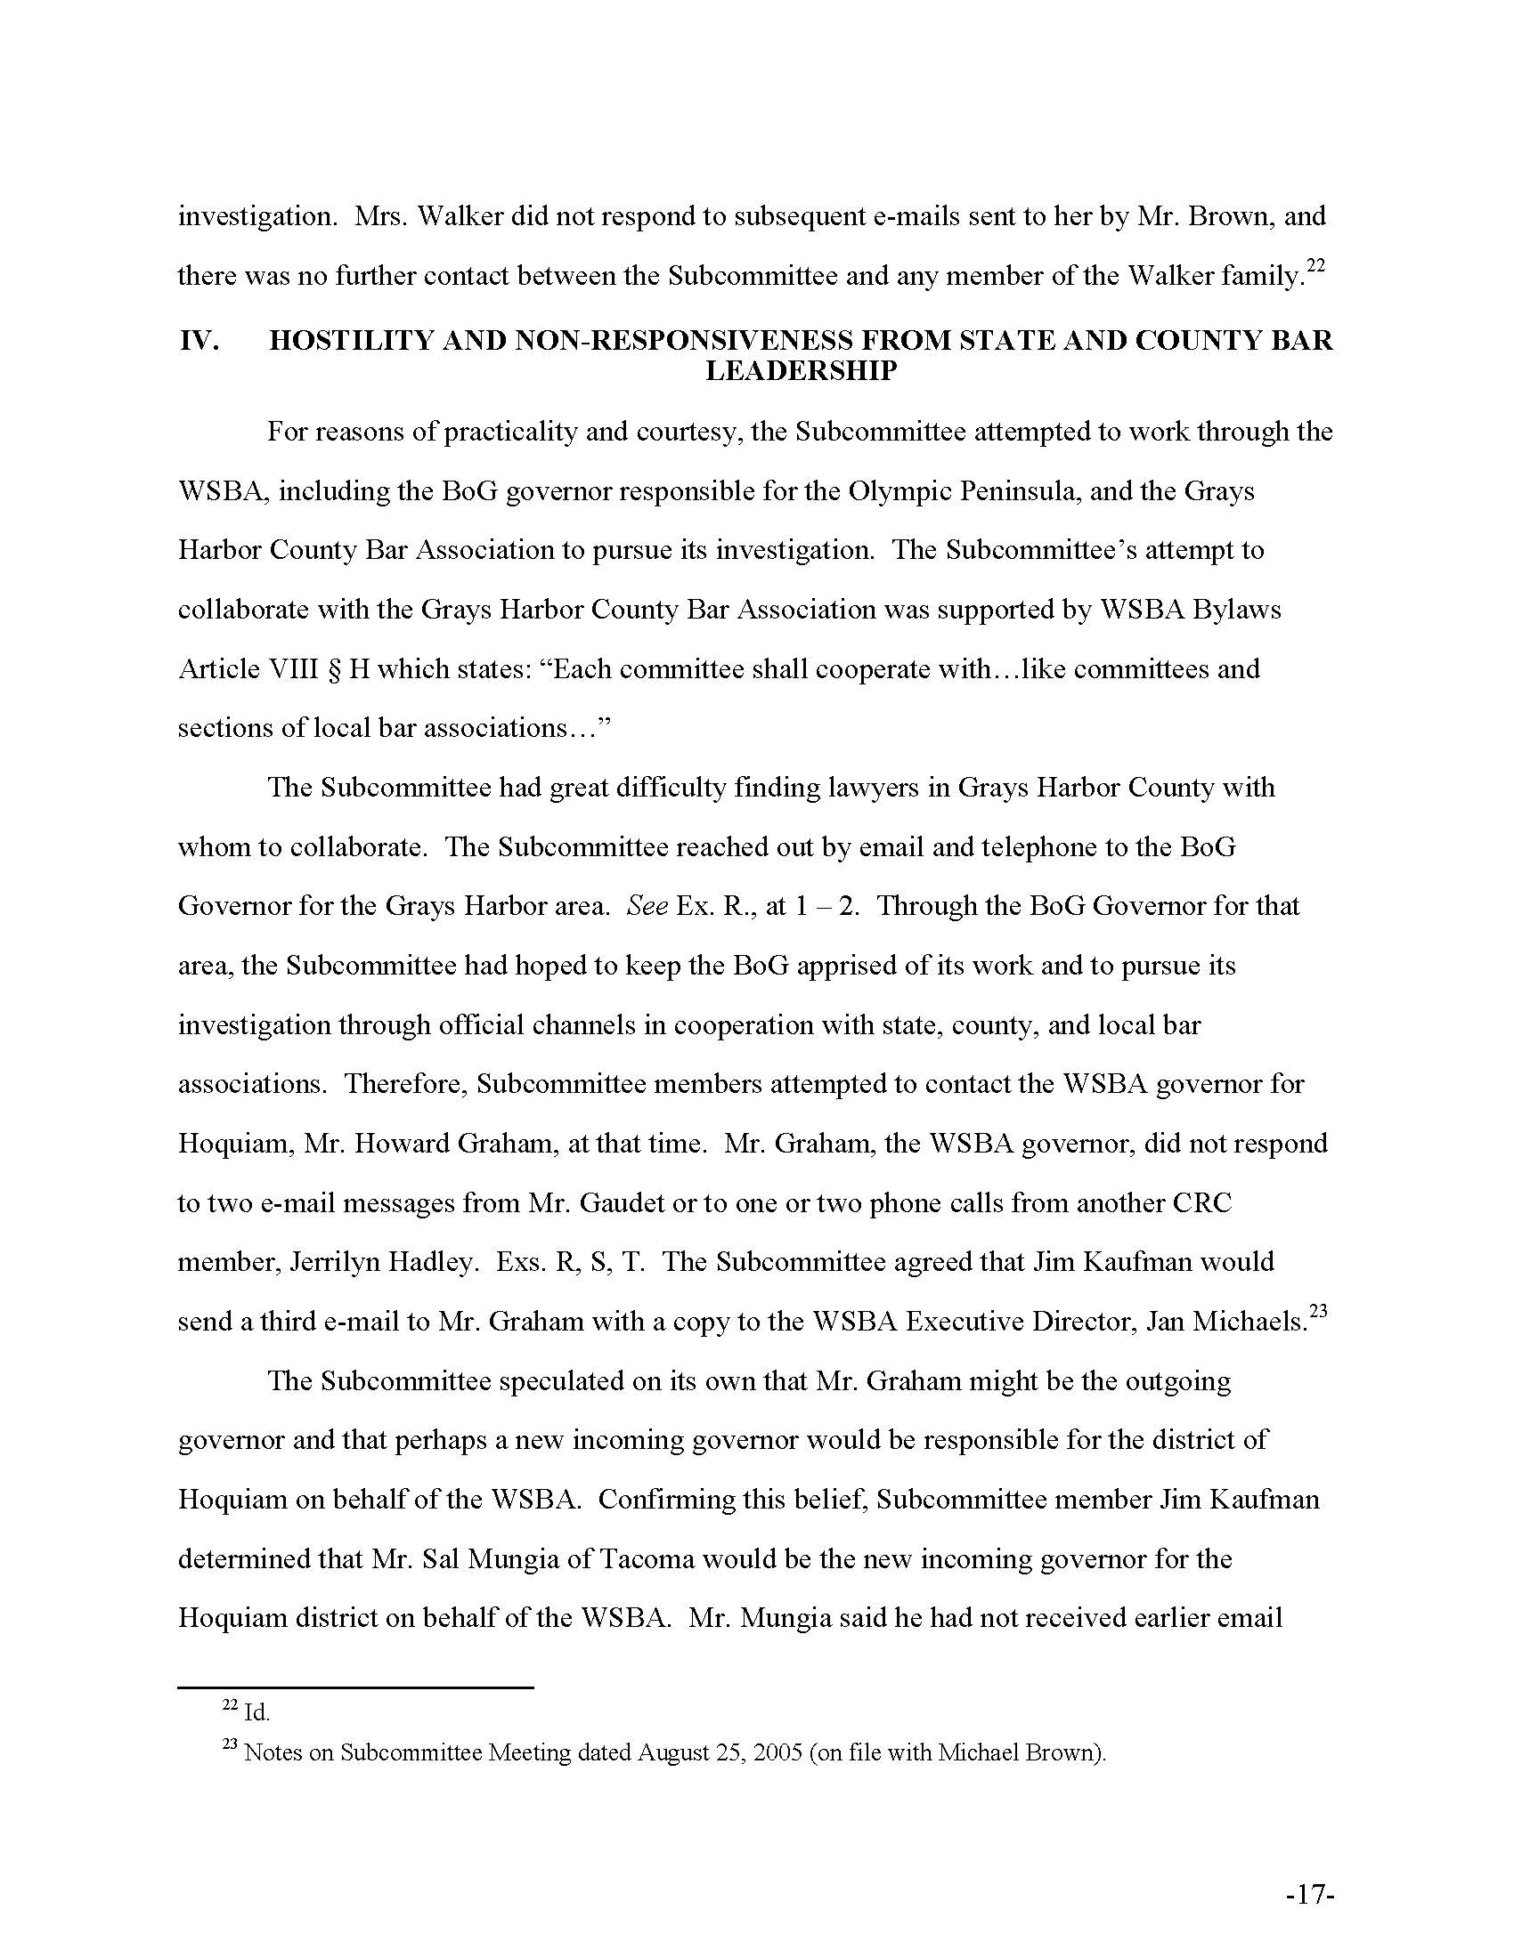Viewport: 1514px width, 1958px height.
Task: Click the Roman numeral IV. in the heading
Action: click(x=199, y=342)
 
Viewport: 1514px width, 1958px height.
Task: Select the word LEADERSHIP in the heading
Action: click(x=801, y=371)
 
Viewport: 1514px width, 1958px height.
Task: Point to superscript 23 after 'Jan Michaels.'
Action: click(x=1317, y=1312)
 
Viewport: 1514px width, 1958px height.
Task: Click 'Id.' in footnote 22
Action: click(x=256, y=1713)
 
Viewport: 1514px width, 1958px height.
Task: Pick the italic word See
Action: click(x=647, y=906)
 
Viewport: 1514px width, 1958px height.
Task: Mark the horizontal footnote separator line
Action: click(x=355, y=1688)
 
